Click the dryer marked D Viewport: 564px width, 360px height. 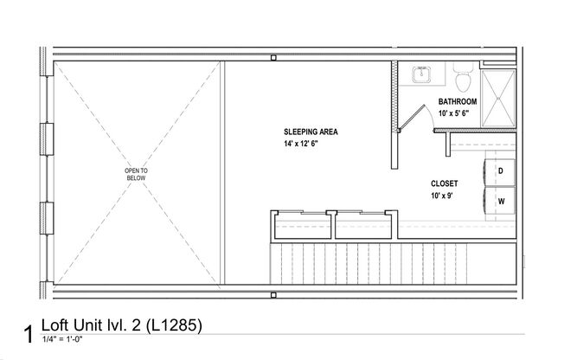(x=500, y=170)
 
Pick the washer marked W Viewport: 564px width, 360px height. (x=500, y=201)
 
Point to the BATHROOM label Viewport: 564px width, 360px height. (x=458, y=101)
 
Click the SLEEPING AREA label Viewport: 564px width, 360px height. (x=311, y=132)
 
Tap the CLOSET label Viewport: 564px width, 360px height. (x=444, y=183)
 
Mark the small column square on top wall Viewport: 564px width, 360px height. (x=273, y=58)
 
